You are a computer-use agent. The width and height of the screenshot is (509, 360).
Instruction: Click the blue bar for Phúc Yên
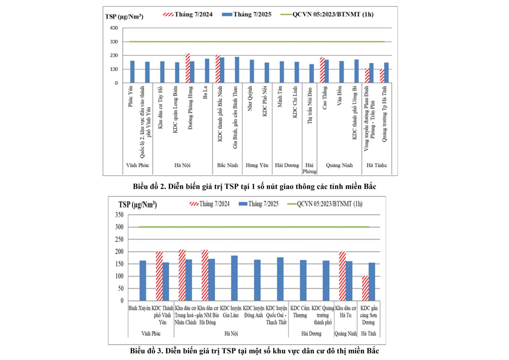click(132, 72)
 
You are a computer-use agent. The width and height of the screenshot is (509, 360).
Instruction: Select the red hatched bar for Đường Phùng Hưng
click(188, 68)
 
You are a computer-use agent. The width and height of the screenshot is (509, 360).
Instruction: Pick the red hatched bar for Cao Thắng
click(322, 70)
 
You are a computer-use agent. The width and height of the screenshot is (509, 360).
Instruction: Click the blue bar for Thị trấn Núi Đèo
click(311, 74)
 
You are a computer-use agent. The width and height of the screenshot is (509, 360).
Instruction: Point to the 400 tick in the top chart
click(114, 28)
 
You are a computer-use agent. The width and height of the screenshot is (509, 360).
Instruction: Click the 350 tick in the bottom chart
click(119, 215)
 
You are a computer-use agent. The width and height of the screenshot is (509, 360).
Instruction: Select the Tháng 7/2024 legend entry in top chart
click(188, 14)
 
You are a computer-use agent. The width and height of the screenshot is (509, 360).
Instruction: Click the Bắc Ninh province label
click(227, 165)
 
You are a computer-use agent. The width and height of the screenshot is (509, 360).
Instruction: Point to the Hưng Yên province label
click(257, 165)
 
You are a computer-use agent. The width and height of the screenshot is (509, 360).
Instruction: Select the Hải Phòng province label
click(309, 168)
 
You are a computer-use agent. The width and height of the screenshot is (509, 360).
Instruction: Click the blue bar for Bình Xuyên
click(143, 281)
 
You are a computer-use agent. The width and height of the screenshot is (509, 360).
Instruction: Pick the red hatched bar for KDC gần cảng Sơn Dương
click(365, 288)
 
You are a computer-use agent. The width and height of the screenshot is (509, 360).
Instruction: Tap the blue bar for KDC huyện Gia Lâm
click(234, 278)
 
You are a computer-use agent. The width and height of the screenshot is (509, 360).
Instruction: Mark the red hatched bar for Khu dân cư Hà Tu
click(342, 276)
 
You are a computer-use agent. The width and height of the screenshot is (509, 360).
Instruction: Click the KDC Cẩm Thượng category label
click(300, 312)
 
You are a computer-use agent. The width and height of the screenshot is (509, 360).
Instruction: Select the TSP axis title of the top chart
click(124, 17)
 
